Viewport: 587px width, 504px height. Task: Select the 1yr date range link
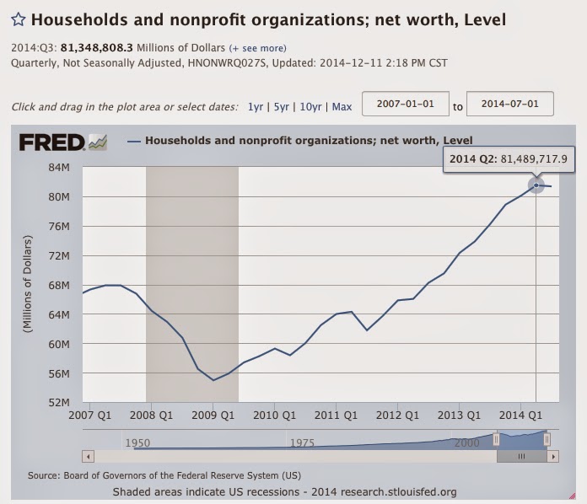point(255,106)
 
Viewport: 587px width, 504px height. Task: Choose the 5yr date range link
point(281,106)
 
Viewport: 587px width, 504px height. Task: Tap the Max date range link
point(342,106)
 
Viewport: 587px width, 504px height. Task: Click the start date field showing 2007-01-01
point(404,105)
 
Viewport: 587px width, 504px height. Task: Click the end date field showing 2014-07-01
point(509,105)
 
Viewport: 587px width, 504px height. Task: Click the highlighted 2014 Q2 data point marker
point(536,185)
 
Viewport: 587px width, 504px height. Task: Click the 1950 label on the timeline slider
point(137,442)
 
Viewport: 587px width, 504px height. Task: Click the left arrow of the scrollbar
point(87,456)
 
